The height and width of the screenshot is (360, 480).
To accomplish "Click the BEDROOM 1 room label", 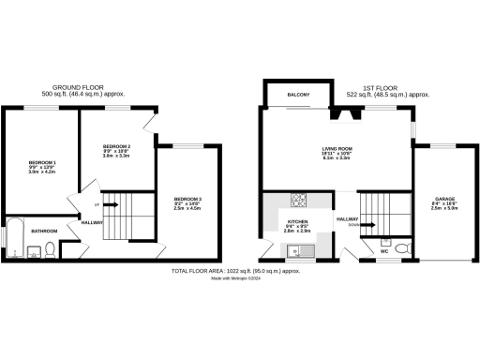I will point(42,162).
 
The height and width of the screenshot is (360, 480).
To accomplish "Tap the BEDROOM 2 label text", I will point(115,146).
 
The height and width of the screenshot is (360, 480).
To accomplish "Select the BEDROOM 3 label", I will point(187,199).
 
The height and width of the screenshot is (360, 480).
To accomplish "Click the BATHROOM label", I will point(44,231).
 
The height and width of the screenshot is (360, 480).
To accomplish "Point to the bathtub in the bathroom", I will point(16,236).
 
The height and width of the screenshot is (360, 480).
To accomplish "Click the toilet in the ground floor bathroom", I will point(35,249).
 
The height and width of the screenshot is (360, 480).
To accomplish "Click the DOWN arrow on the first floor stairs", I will point(368,225).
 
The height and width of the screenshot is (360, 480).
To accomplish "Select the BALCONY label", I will point(299,95).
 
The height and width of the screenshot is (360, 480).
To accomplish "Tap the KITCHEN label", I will point(297,223).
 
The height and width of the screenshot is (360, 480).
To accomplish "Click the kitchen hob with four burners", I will point(301,198).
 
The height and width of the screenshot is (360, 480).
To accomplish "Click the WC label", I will point(385,251).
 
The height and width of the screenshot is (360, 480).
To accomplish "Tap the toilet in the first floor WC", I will point(401,248).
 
